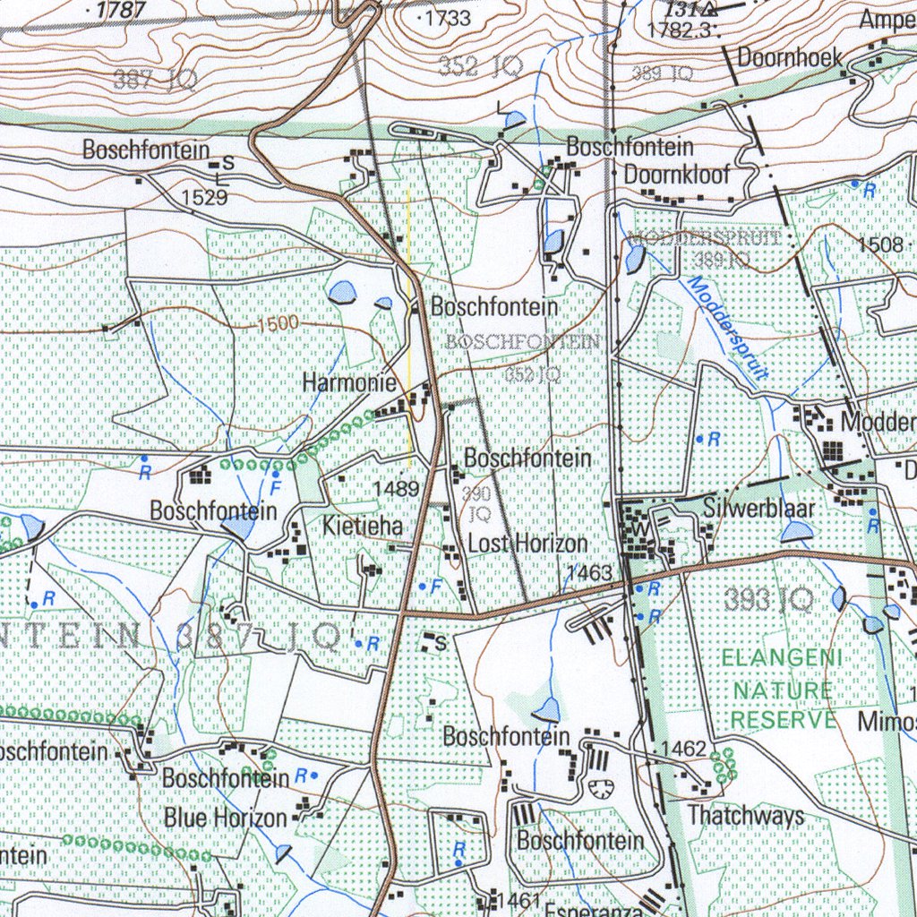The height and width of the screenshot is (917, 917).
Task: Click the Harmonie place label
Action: point(349,383)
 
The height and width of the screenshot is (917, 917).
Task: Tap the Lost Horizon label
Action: point(528,544)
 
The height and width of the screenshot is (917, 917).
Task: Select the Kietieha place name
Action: point(363,525)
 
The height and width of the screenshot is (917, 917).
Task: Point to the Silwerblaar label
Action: point(759,509)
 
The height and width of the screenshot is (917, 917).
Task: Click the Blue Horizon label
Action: point(225,818)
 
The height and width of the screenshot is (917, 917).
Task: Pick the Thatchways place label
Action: point(745,816)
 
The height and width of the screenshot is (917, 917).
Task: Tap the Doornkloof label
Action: point(677,175)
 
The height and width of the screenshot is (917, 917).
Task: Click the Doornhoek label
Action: point(790,58)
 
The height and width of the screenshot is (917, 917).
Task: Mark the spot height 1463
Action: point(589,573)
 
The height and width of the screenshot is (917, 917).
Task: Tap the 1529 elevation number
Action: point(204,198)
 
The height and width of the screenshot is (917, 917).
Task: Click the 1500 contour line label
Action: point(279,324)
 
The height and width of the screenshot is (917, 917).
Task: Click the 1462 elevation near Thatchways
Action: point(684,748)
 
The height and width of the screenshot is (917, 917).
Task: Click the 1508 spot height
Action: point(880,244)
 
